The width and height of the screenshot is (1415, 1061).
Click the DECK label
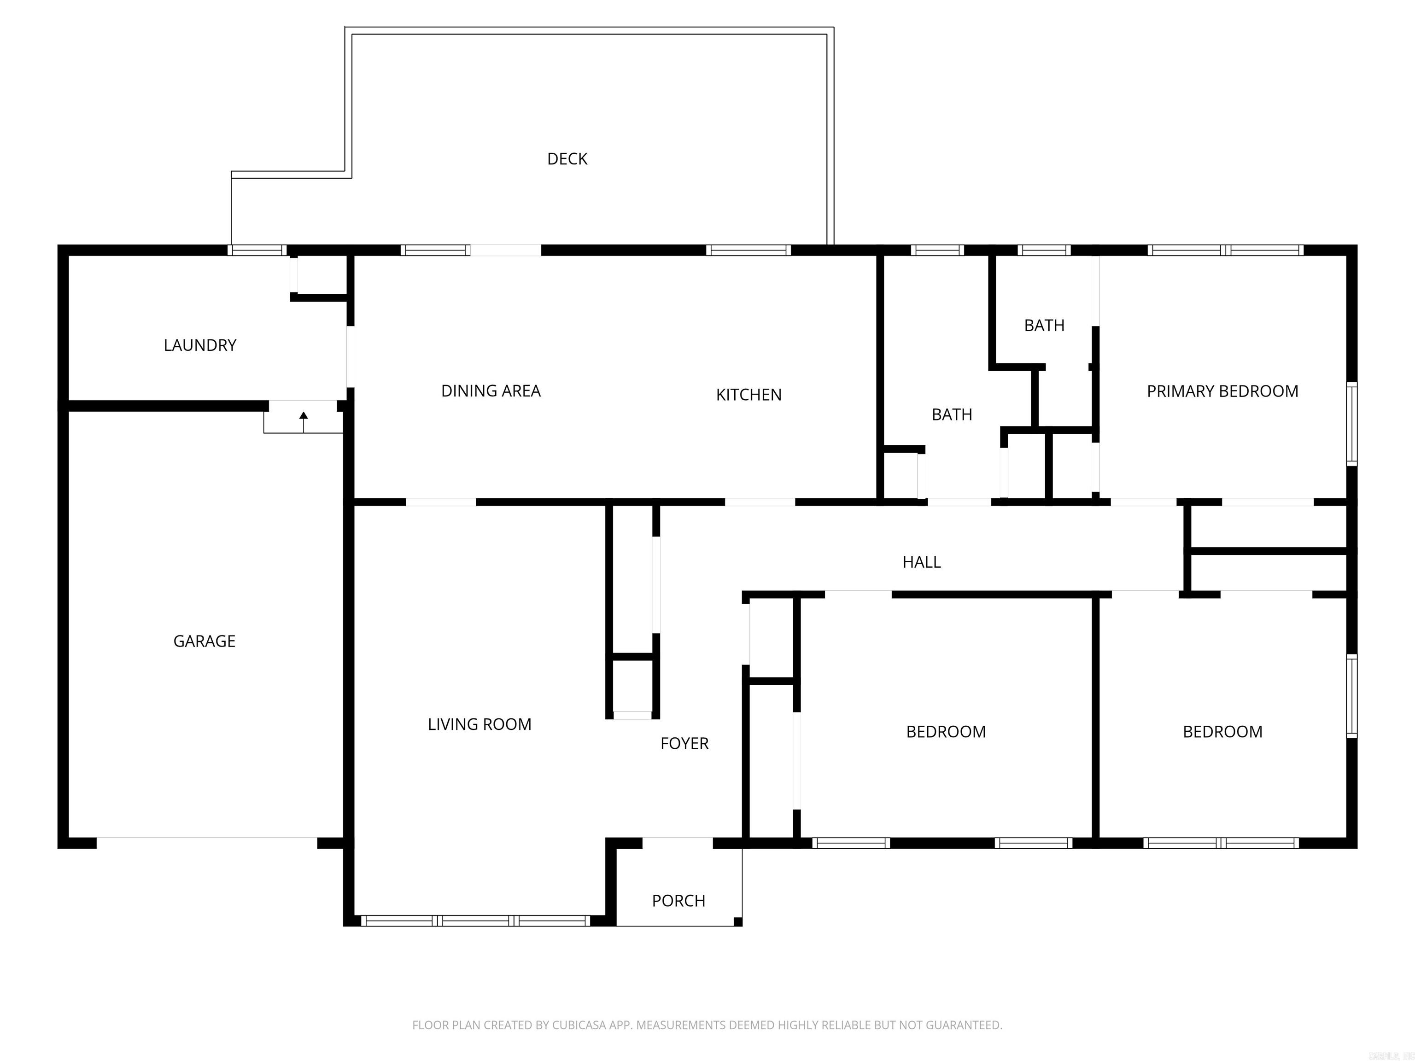point(567,158)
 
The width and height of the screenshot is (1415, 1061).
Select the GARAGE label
point(204,641)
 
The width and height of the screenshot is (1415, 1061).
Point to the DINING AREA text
point(491,391)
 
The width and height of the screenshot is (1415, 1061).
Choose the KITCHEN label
point(748,395)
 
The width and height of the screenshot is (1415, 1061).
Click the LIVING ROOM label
point(479,724)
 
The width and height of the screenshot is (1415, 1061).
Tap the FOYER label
point(684,743)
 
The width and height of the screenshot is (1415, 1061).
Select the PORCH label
point(678,900)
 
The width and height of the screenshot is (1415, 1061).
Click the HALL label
point(921,562)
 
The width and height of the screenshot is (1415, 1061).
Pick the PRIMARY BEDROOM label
point(1222,391)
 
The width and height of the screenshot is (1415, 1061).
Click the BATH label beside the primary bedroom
point(1044,326)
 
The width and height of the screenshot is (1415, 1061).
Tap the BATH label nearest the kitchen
point(951,414)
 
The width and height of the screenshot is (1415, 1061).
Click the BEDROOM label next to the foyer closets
point(946,732)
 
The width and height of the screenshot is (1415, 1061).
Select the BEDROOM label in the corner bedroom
point(1222,732)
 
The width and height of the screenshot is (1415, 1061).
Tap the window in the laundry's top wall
point(257,250)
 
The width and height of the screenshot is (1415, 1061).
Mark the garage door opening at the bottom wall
point(207,842)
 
